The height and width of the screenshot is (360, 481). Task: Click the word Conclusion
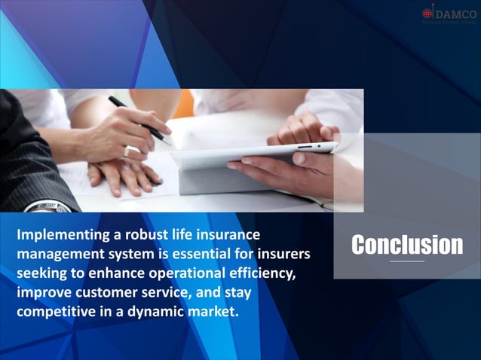(407, 245)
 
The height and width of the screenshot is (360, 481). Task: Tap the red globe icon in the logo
(428, 13)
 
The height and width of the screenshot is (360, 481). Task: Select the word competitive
(57, 310)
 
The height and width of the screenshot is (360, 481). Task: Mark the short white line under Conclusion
(407, 261)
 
